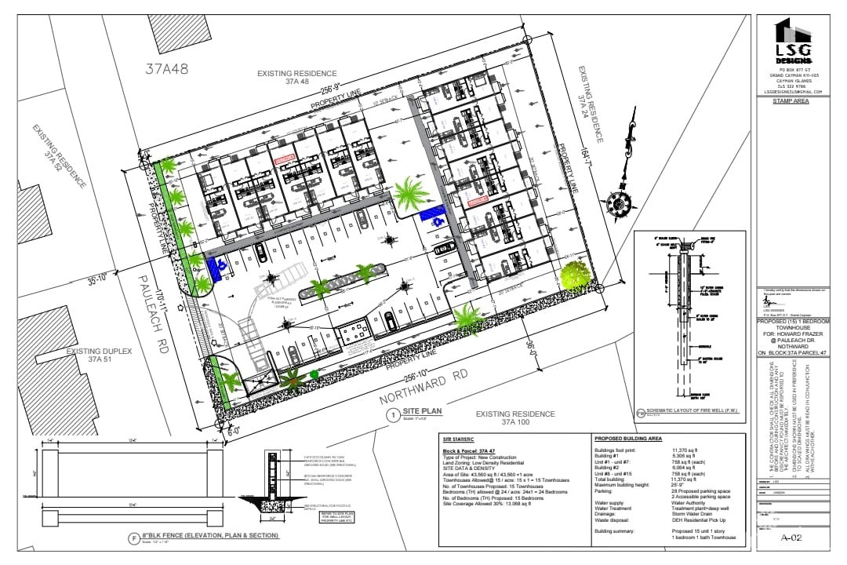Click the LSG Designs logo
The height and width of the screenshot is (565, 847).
[794, 42]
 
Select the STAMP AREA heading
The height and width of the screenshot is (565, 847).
[794, 101]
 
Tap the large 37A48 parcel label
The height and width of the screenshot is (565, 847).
[167, 69]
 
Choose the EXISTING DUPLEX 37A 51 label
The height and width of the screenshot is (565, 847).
[96, 355]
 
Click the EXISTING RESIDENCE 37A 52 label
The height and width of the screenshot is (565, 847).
[60, 156]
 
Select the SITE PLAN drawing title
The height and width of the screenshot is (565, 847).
[423, 411]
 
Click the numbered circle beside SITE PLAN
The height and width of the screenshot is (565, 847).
[392, 414]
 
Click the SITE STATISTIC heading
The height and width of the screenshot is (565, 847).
[460, 439]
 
